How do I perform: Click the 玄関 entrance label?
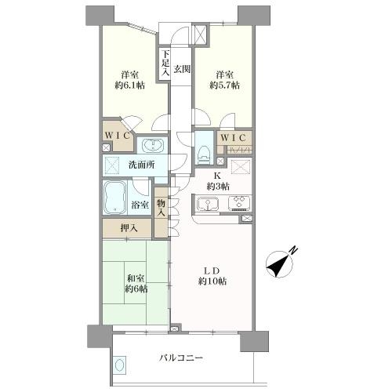click(182, 69)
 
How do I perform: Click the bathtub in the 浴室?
click(117, 198)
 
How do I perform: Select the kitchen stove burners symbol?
click(238, 204)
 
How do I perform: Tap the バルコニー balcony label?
click(182, 358)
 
